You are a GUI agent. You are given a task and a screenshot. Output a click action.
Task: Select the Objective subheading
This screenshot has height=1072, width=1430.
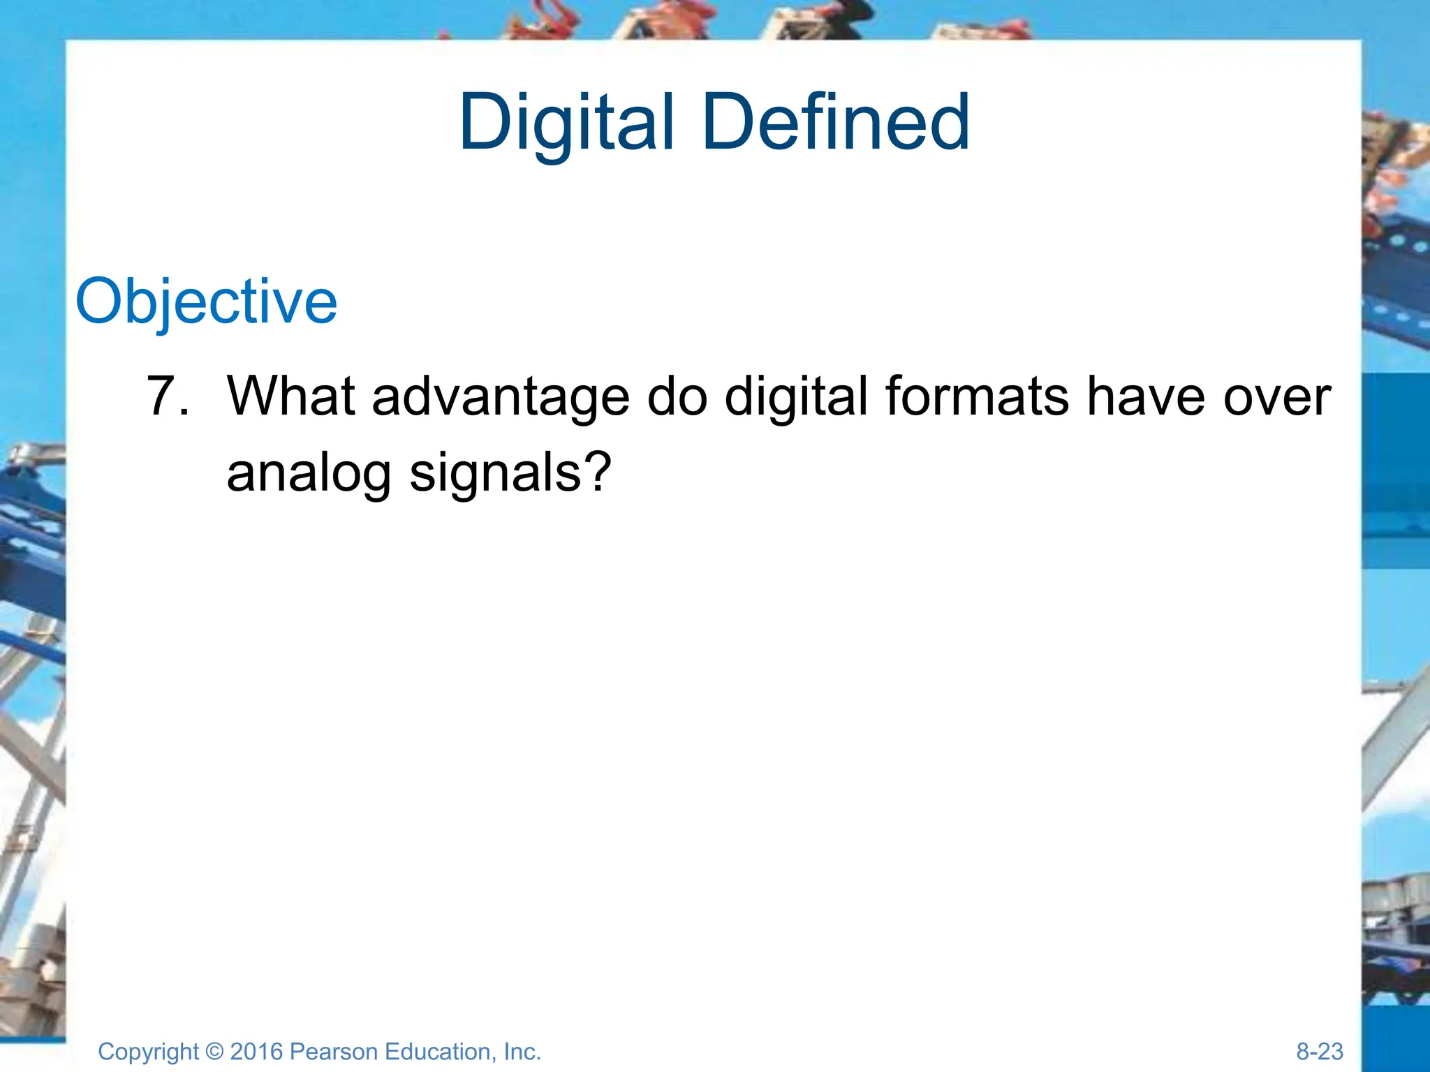pos(206,301)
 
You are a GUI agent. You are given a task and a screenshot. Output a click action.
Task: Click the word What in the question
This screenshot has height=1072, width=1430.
pos(291,396)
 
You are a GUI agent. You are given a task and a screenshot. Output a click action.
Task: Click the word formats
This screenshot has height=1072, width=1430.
pos(977,396)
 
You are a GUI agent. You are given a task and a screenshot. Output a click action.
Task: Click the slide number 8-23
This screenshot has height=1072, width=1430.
pos(1319,1051)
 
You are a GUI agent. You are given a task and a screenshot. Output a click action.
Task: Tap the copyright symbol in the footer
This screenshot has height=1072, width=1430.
pos(214,1052)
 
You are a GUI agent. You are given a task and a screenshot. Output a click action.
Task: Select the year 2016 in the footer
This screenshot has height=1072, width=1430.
pos(256,1051)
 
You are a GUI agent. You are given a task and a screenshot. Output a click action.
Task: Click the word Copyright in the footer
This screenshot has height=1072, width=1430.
pos(149,1052)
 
